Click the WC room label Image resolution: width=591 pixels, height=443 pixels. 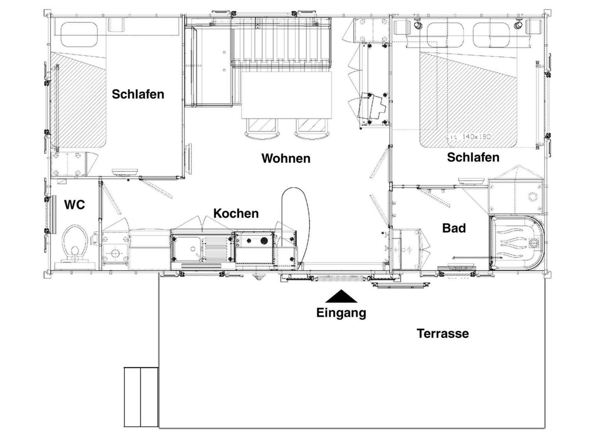pos(74,205)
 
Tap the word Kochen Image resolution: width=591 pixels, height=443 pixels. pos(236,214)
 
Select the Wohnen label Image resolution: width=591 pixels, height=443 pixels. pos(286,158)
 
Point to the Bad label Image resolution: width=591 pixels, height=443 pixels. pos(454,228)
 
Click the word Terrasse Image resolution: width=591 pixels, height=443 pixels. pos(443,333)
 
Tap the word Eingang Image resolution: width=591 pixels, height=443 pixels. pos(341,313)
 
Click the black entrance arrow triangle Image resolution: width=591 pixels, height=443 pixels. pos(341,296)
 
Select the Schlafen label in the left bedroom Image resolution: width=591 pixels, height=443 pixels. pos(138,94)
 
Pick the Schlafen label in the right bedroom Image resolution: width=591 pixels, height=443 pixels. pos(473,157)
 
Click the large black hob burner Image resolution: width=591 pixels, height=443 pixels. pos(264,241)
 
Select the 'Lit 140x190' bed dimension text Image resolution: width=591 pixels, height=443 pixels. pos(468,137)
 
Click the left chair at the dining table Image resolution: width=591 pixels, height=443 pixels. pos(262,128)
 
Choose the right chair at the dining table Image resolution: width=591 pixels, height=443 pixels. pos(312,128)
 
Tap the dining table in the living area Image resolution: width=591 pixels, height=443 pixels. pos(286,95)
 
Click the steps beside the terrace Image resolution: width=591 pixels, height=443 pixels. pos(141,397)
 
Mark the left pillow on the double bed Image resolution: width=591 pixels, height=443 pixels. pos(445,35)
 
